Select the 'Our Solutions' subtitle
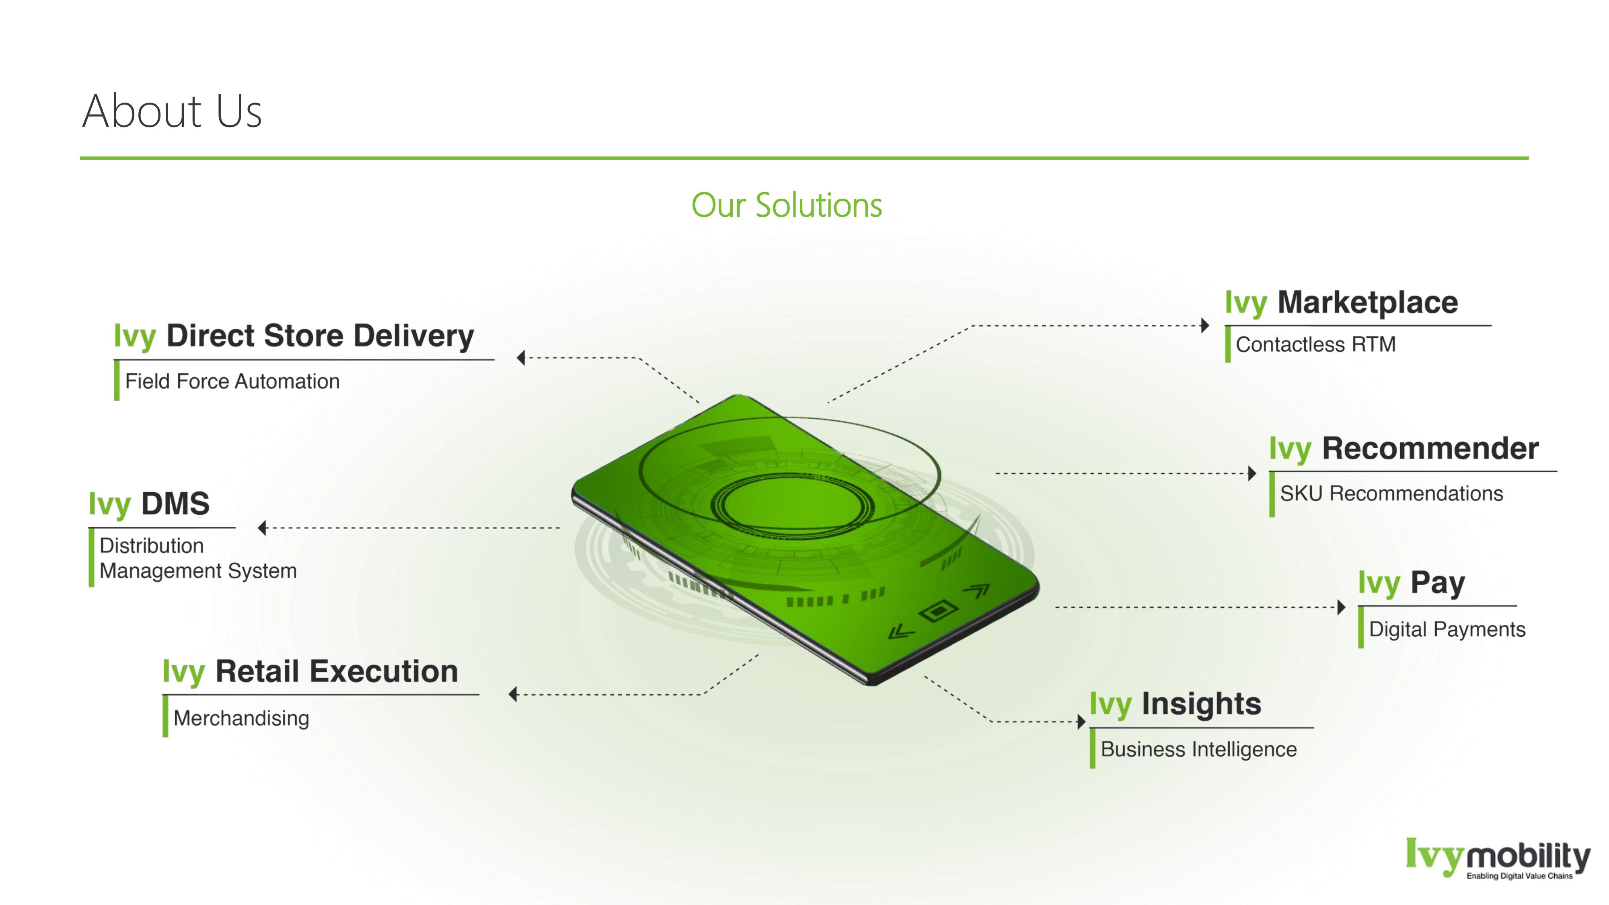tap(786, 206)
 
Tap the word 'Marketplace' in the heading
tap(1367, 303)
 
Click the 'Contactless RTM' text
tap(1315, 344)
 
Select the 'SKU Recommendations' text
tap(1391, 494)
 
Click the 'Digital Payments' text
tap(1447, 629)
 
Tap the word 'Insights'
tap(1201, 704)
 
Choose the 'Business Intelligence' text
tap(1198, 749)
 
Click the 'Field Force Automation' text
tap(232, 381)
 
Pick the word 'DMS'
tap(175, 504)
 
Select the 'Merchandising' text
tap(241, 718)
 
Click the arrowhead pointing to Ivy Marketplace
tap(1205, 325)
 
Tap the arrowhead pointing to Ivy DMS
tap(262, 528)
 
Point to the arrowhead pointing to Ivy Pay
tap(1341, 607)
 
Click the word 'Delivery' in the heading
tap(415, 336)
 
